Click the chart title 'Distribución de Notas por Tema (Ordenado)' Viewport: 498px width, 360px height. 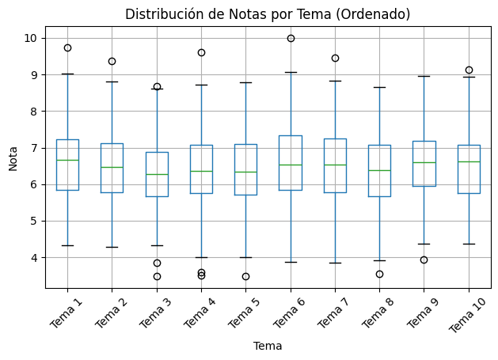pyautogui.click(x=268, y=14)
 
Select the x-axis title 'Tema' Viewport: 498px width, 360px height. pyautogui.click(x=268, y=346)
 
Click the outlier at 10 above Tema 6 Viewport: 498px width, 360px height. pyautogui.click(x=291, y=38)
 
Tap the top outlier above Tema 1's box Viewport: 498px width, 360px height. pyautogui.click(x=67, y=47)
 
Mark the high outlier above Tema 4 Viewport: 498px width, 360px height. pyautogui.click(x=201, y=52)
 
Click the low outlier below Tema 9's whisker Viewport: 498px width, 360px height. pyautogui.click(x=424, y=260)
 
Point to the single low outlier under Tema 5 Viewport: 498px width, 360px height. pyautogui.click(x=245, y=276)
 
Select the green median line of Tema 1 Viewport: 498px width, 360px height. pyautogui.click(x=67, y=160)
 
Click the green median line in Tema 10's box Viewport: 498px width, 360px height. pyautogui.click(x=469, y=161)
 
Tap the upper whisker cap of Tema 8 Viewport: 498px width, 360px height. pyautogui.click(x=379, y=87)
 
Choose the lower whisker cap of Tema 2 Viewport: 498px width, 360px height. pyautogui.click(x=112, y=247)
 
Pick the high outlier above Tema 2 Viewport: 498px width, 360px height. pyautogui.click(x=112, y=61)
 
